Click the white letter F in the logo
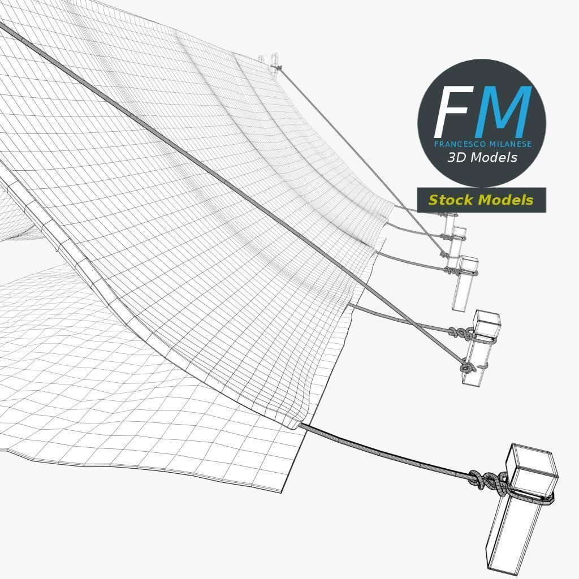[453, 111]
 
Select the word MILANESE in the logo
[511, 144]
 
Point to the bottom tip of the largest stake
[496, 571]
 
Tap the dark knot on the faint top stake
[277, 68]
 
